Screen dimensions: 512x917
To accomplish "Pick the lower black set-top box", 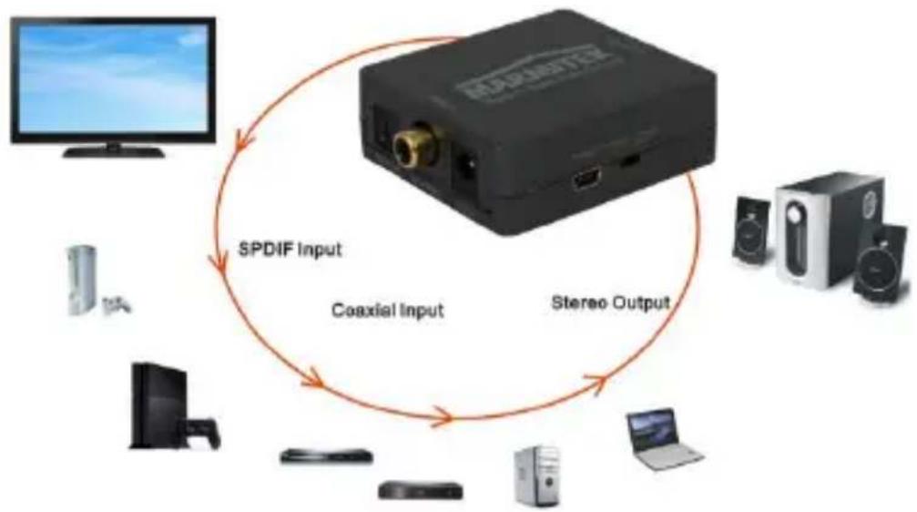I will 419,489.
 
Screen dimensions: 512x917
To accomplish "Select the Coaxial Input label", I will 388,310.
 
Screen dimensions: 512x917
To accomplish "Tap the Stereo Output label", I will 611,302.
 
